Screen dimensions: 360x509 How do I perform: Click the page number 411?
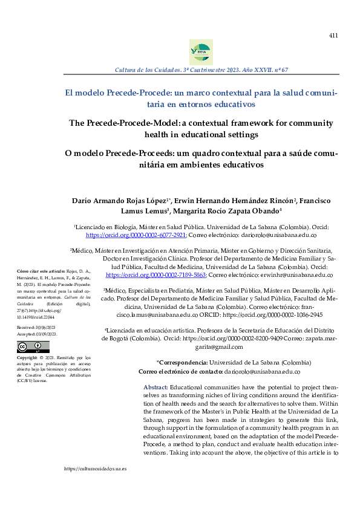(333, 36)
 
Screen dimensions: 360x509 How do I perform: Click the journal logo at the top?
(201, 52)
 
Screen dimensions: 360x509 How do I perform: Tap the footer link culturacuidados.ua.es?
(96, 468)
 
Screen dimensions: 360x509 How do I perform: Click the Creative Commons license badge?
(33, 346)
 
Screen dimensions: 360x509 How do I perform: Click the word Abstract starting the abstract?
(155, 386)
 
